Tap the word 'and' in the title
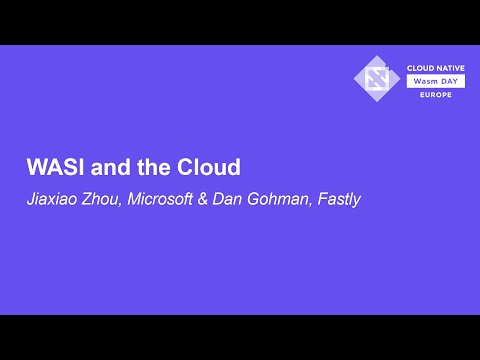(105, 165)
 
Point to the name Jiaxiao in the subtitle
(52, 198)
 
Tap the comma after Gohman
(311, 203)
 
